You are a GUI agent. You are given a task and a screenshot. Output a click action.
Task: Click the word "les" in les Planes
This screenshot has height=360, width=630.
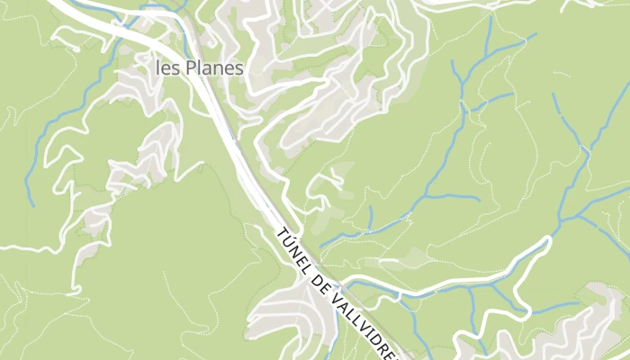[x=168, y=67]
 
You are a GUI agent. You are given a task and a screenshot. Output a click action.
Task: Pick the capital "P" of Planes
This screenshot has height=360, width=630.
[x=191, y=67]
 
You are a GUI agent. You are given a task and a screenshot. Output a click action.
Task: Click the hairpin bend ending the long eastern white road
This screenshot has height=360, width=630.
[x=547, y=241]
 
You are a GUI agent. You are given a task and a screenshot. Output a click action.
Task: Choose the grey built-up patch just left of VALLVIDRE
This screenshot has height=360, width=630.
[x=288, y=310]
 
